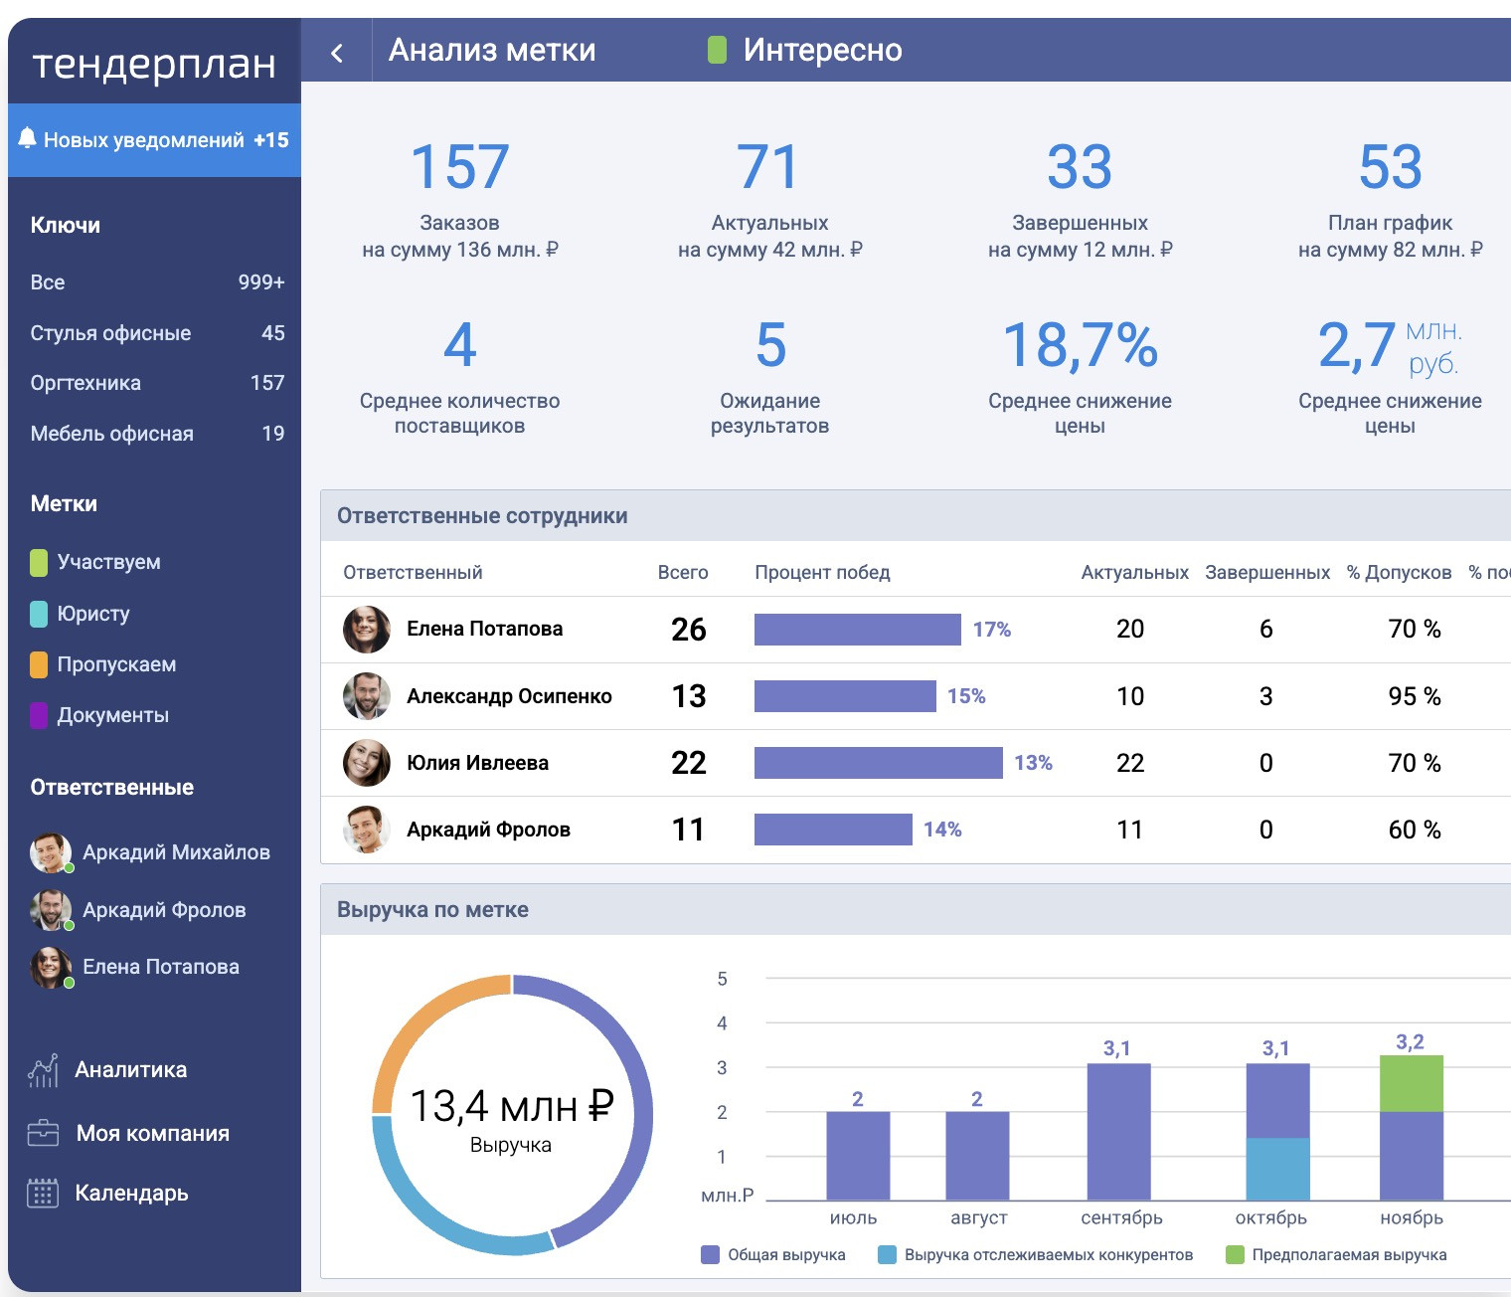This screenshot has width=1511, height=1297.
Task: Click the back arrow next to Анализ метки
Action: coord(337,53)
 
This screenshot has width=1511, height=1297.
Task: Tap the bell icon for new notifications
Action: coord(27,138)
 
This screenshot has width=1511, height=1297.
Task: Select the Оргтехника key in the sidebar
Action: coord(85,383)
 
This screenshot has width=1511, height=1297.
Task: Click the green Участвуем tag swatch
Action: coord(39,562)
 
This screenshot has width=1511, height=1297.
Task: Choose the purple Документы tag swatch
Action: coord(39,715)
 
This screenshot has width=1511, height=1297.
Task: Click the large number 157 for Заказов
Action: coord(459,166)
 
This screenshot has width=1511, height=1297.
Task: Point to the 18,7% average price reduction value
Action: coord(1080,345)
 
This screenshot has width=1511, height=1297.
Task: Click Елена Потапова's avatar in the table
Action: coord(366,629)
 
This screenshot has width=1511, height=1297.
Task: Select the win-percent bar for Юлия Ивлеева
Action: coord(878,763)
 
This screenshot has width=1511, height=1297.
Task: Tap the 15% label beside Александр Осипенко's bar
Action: coord(966,696)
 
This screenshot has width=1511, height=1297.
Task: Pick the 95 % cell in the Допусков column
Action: coord(1414,696)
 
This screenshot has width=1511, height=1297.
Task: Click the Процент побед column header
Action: coord(822,573)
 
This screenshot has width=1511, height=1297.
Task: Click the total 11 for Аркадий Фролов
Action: coord(688,830)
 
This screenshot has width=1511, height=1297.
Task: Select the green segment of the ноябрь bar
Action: coord(1411,1083)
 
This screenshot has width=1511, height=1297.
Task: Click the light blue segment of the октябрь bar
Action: coord(1277,1169)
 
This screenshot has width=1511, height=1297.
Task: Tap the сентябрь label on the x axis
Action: coord(1121,1218)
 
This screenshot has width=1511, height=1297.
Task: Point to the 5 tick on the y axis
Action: coord(723,979)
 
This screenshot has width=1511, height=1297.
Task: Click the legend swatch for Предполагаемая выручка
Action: coord(1235,1255)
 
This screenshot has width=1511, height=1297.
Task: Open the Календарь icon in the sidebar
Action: coord(43,1193)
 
